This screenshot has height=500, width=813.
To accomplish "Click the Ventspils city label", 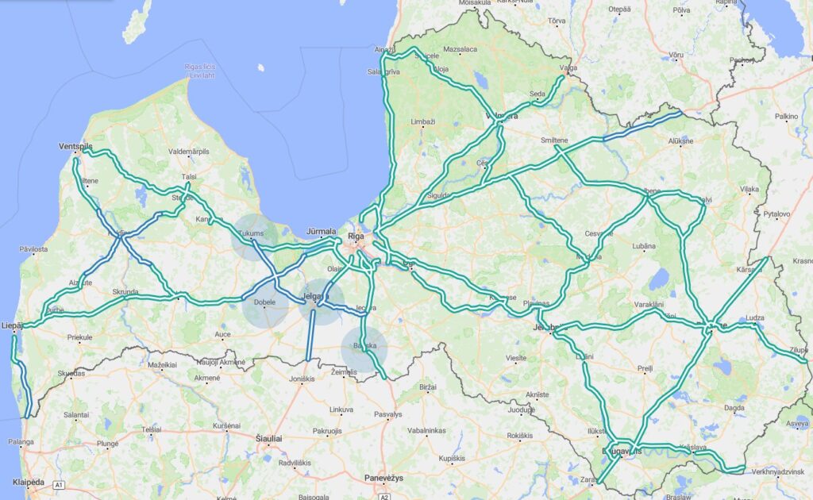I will (76, 147).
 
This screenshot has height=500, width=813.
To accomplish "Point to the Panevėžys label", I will (383, 478).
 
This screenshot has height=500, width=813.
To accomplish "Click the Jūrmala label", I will (321, 232).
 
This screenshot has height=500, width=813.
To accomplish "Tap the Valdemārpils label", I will (188, 150).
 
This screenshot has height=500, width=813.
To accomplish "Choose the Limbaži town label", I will (422, 122).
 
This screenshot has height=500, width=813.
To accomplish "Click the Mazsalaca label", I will (460, 49).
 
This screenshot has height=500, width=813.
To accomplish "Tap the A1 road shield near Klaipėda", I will (58, 484).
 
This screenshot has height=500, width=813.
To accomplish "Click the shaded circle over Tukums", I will (255, 237).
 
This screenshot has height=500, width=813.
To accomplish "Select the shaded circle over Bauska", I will (364, 349).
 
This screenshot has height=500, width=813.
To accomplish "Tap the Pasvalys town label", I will (387, 413).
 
